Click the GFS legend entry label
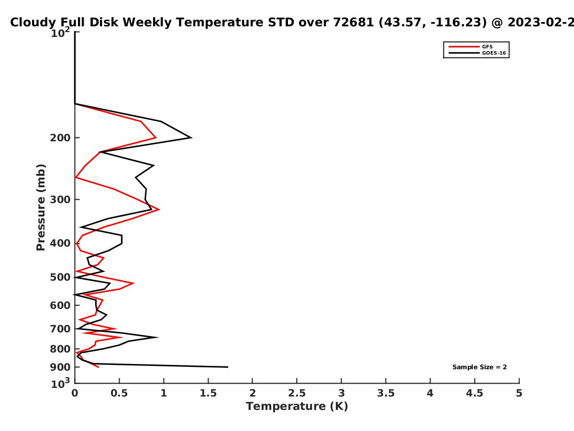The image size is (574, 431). pos(487,47)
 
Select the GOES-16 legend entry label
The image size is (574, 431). pos(494,53)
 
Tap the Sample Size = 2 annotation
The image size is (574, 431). pos(480,367)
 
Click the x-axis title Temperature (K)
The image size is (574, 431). pos(297,407)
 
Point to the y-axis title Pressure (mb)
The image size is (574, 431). pos(41,207)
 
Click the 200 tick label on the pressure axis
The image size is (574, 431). pos(60,138)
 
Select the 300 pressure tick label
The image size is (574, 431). pos(60,200)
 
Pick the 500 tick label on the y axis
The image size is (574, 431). pos(60,277)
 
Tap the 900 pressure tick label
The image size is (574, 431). pos(60,367)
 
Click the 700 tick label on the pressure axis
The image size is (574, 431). pos(60,329)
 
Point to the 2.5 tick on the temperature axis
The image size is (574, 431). pos(297,393)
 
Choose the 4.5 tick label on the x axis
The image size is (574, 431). pos(475,393)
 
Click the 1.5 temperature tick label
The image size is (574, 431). pos(208,393)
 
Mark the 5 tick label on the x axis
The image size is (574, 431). pos(519,393)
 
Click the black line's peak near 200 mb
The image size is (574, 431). pos(192,137)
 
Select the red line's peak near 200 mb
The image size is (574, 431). pos(156,137)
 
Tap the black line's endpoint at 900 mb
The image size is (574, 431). pos(228,367)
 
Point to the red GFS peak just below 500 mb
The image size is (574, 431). pos(134,283)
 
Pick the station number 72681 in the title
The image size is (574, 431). pos(353,22)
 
